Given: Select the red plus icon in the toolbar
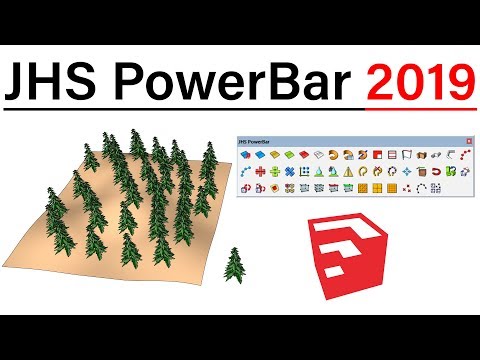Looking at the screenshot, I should click(x=261, y=171).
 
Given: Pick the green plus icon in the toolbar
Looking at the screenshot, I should click(x=276, y=171).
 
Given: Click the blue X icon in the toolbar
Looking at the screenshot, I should click(x=290, y=171).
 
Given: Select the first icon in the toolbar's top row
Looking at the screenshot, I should click(x=246, y=154).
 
